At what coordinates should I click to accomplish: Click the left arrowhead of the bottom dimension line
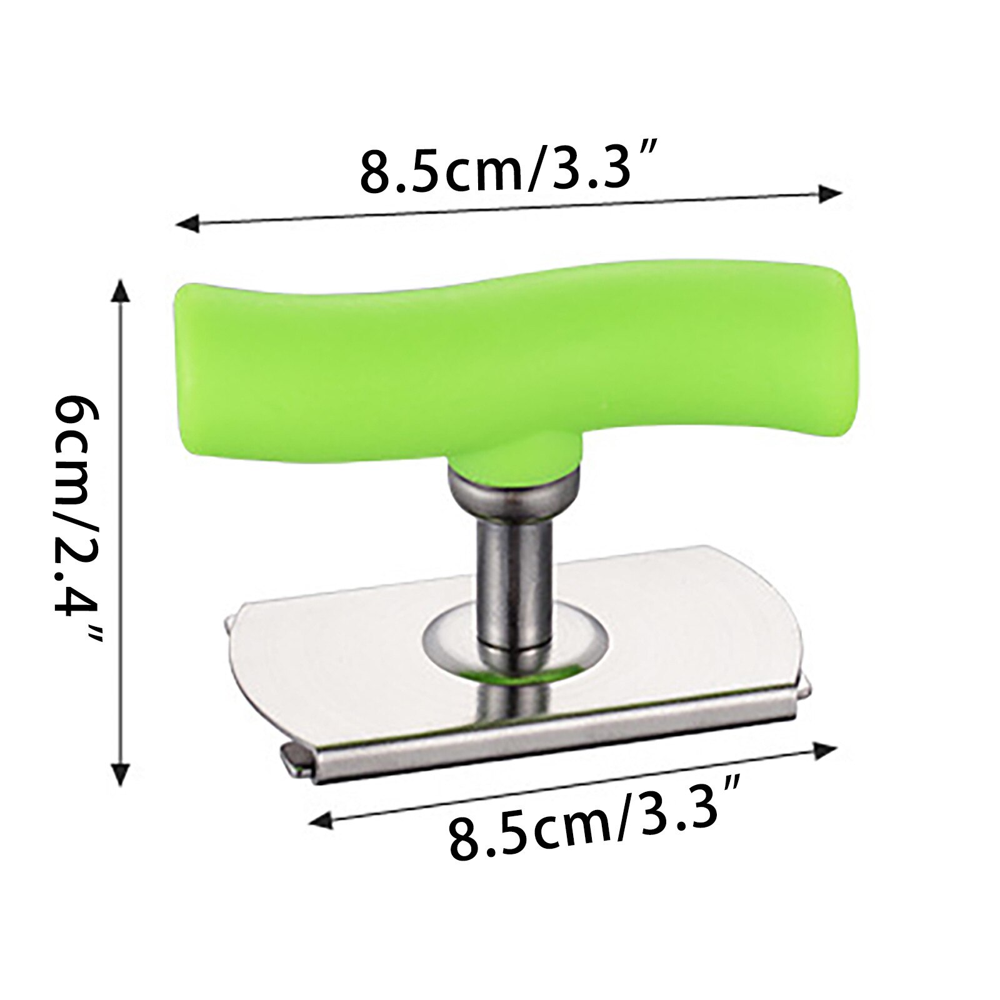(x=321, y=819)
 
